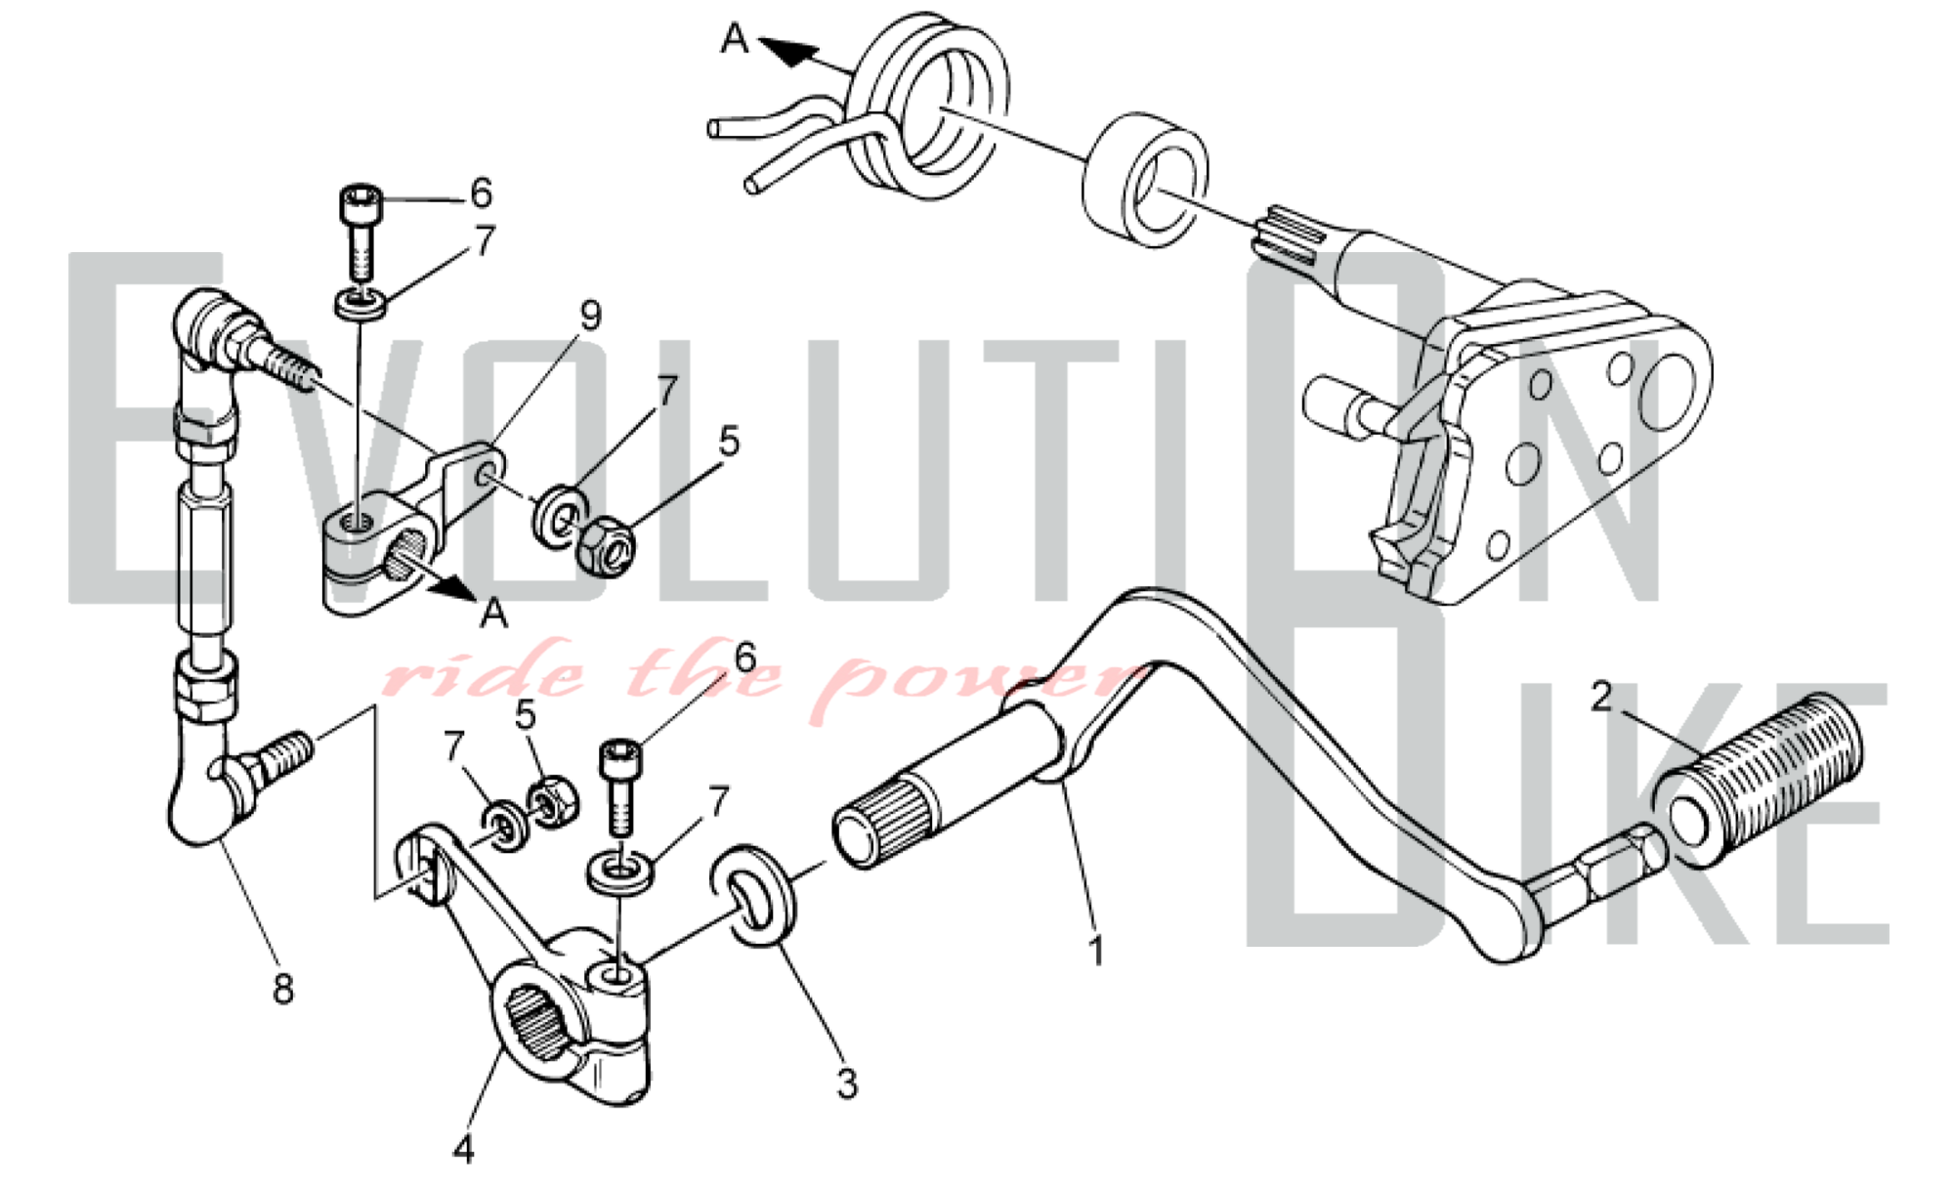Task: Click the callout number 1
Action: (1096, 950)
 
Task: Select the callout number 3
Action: (847, 1083)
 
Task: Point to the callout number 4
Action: (463, 1149)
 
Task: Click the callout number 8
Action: (282, 989)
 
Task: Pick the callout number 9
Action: (590, 315)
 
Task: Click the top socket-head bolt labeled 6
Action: (359, 232)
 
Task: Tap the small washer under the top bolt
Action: (360, 302)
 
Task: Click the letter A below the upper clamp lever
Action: (494, 614)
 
